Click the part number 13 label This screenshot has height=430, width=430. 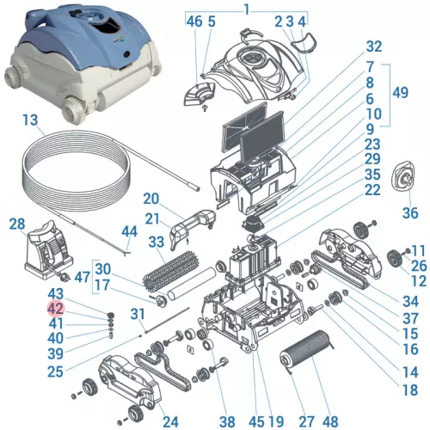click(x=31, y=120)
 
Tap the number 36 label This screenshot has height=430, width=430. click(x=410, y=212)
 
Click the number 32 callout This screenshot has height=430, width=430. click(x=373, y=46)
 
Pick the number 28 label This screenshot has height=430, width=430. click(x=17, y=224)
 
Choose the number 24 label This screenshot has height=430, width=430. click(x=170, y=421)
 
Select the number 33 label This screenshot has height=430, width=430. click(x=157, y=243)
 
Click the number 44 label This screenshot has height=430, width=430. click(x=129, y=231)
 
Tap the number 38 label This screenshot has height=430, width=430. click(x=226, y=421)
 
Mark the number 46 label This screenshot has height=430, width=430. click(x=193, y=21)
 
